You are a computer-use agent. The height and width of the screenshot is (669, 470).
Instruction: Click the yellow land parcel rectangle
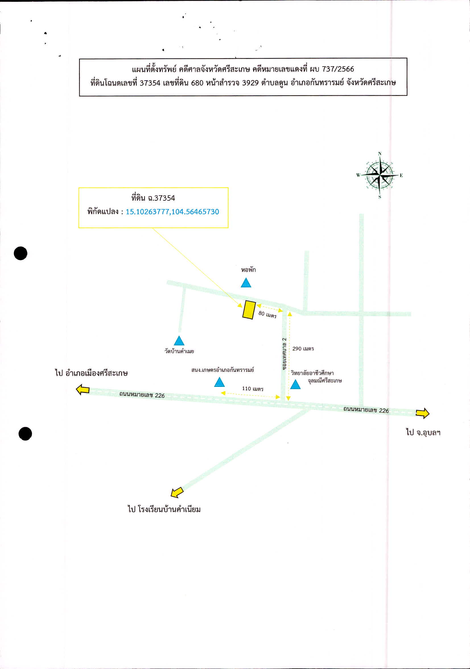tap(249, 310)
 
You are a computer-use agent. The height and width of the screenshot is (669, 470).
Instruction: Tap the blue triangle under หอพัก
tap(246, 283)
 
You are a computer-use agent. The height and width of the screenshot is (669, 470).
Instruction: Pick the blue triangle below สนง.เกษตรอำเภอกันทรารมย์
tap(219, 382)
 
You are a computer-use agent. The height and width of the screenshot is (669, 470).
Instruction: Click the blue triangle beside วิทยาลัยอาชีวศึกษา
tap(295, 384)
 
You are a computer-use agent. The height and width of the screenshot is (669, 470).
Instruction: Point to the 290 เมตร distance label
tap(303, 348)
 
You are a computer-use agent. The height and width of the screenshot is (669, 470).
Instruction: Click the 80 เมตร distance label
tap(267, 314)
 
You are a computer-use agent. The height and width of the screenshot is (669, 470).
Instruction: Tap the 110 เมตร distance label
tap(253, 388)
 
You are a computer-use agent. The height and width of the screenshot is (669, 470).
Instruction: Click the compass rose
tap(380, 175)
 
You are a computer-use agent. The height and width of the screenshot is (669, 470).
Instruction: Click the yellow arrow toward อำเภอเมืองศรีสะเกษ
tap(83, 389)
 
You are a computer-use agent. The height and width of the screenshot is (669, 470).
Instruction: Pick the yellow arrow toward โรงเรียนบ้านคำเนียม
tap(177, 492)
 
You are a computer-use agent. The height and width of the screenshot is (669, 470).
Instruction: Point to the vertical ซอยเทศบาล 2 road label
tap(284, 354)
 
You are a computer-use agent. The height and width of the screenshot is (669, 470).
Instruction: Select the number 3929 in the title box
tap(250, 83)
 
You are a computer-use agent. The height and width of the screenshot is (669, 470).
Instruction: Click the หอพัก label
tap(248, 270)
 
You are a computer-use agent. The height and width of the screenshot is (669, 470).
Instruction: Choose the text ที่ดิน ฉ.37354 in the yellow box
tap(153, 198)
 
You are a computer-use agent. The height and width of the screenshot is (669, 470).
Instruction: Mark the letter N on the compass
tap(380, 153)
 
